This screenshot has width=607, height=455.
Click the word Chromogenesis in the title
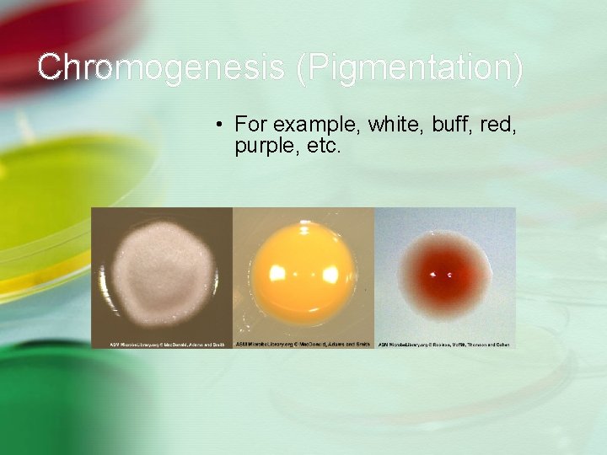click(x=160, y=67)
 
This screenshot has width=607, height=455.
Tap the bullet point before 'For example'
click(x=218, y=126)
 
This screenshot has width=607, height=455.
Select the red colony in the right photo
click(x=445, y=271)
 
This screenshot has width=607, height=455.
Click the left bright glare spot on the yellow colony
click(x=278, y=275)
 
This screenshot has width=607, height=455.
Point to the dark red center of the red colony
click(x=445, y=273)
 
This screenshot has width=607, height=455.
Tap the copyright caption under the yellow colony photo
click(x=303, y=344)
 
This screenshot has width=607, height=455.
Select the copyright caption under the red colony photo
click(x=445, y=344)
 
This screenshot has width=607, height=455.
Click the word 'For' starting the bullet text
click(x=250, y=125)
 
